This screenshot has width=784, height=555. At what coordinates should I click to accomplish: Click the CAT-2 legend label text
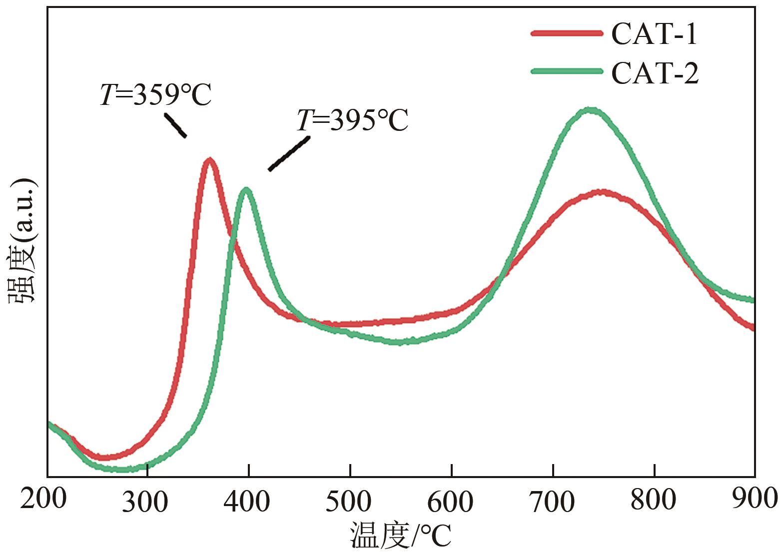[655, 73]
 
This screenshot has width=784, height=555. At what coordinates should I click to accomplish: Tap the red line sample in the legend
[567, 33]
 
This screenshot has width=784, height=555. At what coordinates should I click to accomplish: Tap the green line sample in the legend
[567, 71]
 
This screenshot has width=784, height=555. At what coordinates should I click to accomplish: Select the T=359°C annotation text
[156, 95]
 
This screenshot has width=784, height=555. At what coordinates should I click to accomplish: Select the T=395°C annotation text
[353, 120]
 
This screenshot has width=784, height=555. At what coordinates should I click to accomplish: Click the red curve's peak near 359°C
[209, 160]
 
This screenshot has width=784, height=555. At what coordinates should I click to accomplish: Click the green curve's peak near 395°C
[246, 190]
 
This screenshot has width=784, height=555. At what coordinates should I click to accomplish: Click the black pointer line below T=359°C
[176, 125]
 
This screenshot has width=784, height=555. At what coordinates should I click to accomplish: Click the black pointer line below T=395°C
[289, 154]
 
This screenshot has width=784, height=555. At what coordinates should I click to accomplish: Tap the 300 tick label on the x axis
[145, 502]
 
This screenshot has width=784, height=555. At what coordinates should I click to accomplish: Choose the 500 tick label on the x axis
[348, 502]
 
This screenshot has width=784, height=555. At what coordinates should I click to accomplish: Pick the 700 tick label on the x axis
[552, 502]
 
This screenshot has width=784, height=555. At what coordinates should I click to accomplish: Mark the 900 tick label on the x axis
[755, 498]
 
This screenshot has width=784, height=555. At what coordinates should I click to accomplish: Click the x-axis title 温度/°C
[400, 536]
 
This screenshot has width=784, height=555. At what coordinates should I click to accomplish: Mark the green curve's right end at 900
[752, 300]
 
